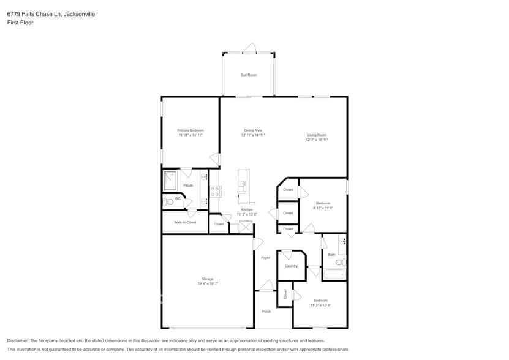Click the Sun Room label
(x=248, y=75)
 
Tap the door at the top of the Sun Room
(x=249, y=48)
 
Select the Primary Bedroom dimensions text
(x=190, y=135)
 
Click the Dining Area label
(x=253, y=130)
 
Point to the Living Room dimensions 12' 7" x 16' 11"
(x=317, y=140)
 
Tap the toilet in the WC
(x=168, y=201)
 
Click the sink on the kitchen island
(x=243, y=186)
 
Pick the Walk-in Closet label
(x=185, y=222)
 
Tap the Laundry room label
(x=291, y=266)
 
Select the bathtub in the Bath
(x=334, y=274)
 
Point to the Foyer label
(x=265, y=258)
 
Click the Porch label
(x=266, y=312)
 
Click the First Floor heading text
(x=20, y=23)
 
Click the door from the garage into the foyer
(x=257, y=243)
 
